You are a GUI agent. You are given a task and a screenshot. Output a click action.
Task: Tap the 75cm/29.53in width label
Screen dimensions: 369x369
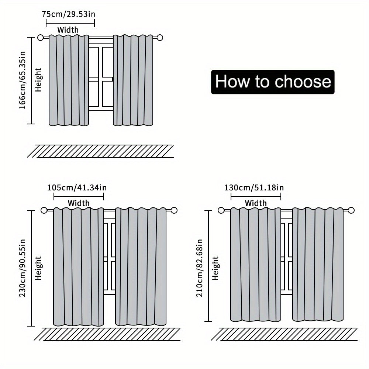69,14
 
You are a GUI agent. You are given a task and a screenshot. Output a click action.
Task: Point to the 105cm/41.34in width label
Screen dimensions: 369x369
77,187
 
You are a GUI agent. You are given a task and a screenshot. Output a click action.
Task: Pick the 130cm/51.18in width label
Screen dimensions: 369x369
254,187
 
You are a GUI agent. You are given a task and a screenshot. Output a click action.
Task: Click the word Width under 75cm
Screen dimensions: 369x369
68,30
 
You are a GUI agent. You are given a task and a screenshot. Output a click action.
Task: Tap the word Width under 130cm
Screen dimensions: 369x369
256,203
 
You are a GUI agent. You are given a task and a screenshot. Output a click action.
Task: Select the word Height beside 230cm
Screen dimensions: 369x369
39,268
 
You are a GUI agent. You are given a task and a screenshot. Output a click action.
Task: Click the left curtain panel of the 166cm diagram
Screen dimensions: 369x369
69,80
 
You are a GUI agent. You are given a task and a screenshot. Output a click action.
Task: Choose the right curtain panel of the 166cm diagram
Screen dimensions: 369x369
133,80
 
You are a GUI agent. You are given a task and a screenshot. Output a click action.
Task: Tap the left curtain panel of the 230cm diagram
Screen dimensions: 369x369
79,267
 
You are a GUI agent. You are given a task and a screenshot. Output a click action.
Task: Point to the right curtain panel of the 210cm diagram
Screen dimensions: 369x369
318,265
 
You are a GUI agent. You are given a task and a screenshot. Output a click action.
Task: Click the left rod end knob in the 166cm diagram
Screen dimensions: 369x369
41,38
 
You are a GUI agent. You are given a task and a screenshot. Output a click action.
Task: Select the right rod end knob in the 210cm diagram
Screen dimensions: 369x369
351,210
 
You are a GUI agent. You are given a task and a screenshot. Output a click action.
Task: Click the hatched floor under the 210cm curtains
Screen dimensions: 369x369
284,334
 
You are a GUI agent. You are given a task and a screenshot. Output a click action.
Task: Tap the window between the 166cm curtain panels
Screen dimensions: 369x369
101,77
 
